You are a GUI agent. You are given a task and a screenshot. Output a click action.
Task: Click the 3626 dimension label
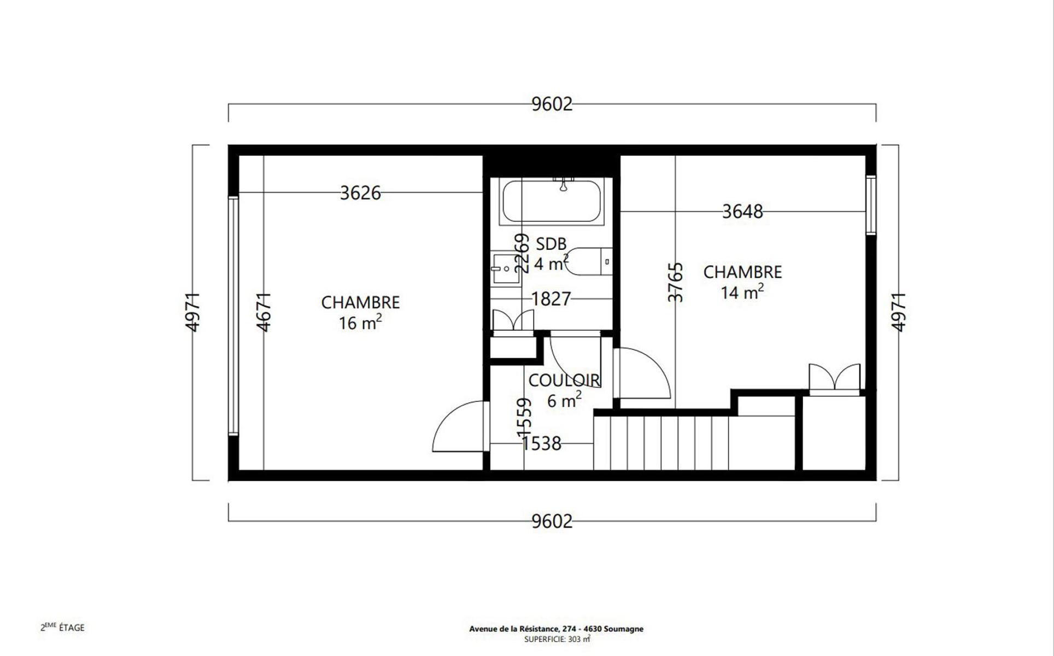point(360,193)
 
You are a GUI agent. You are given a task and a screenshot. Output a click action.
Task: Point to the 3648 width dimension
point(742,212)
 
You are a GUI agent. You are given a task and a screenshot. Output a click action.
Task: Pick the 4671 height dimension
point(264,312)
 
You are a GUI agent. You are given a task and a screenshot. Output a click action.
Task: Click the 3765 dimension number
point(676,282)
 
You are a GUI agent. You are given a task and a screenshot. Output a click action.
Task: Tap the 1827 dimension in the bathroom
point(551,299)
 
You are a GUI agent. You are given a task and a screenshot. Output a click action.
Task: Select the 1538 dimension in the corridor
point(541,443)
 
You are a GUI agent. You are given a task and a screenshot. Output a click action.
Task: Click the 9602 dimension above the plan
point(552,104)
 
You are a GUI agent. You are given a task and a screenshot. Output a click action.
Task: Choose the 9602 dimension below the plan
point(552,522)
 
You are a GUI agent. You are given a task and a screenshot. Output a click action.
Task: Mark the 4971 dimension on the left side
point(193,312)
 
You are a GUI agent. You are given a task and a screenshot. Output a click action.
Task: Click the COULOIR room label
point(564,380)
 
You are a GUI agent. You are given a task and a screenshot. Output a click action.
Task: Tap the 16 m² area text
point(360,323)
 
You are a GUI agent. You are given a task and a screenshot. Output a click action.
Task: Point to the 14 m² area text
point(742,292)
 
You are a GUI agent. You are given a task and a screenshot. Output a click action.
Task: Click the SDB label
point(551,244)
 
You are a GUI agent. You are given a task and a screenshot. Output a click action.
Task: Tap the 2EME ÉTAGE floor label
point(62,627)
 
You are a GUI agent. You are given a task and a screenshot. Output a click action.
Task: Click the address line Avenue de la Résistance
point(556,629)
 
